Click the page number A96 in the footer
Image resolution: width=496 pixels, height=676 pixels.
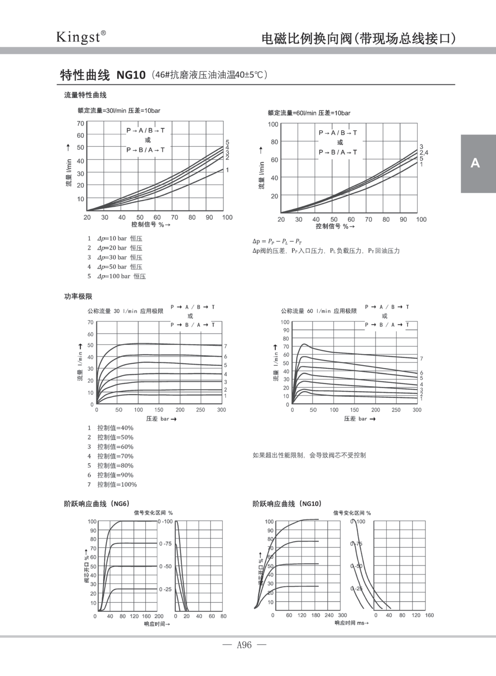(x=244, y=645)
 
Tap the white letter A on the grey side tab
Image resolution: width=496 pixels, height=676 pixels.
(x=475, y=163)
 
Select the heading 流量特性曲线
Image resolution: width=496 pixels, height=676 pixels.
(x=85, y=95)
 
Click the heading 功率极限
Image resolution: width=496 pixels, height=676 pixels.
(x=78, y=296)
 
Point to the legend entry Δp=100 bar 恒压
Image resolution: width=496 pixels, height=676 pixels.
(x=121, y=276)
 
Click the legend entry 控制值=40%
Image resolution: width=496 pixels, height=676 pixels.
(x=115, y=428)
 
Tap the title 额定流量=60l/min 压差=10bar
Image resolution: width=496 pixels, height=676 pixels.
(x=309, y=113)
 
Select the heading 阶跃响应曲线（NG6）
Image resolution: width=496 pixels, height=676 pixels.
(x=97, y=504)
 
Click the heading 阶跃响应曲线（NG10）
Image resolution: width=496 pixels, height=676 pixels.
(x=287, y=504)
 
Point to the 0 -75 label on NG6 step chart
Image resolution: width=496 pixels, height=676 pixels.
(x=165, y=544)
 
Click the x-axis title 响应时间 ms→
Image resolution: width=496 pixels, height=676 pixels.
(x=352, y=623)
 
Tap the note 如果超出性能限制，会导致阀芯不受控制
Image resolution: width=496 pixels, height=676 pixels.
(x=309, y=455)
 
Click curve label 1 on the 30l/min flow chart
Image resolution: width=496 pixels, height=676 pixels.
(x=227, y=170)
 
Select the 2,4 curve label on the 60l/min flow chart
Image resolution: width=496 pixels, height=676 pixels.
(x=424, y=153)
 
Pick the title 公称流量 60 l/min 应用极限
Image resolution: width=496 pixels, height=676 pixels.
(x=319, y=311)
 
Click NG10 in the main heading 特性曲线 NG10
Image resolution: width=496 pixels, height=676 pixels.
(x=131, y=75)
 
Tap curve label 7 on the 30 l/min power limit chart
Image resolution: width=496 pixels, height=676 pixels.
(x=226, y=346)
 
